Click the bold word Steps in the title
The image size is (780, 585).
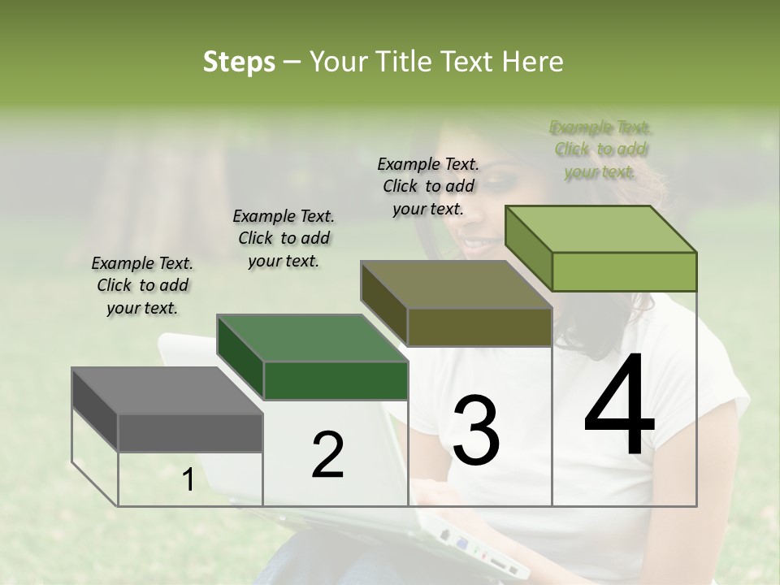click(x=239, y=62)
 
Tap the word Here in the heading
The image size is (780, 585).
click(x=532, y=62)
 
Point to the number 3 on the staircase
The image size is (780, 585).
click(x=476, y=431)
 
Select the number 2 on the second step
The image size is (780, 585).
click(x=327, y=455)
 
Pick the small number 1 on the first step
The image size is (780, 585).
click(x=188, y=480)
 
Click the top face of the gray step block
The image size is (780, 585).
click(x=167, y=391)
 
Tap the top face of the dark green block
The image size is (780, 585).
click(x=311, y=338)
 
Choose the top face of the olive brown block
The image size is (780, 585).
click(x=456, y=284)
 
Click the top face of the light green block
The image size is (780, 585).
click(x=600, y=229)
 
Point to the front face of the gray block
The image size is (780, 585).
click(x=190, y=432)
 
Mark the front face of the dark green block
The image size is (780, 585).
click(x=336, y=380)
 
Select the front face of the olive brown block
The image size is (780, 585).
click(x=479, y=327)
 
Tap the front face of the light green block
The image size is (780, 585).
click(x=624, y=271)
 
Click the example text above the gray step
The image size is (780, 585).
click(x=142, y=285)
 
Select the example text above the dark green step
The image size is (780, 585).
click(x=284, y=238)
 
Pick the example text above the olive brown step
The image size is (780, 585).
click(x=428, y=186)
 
